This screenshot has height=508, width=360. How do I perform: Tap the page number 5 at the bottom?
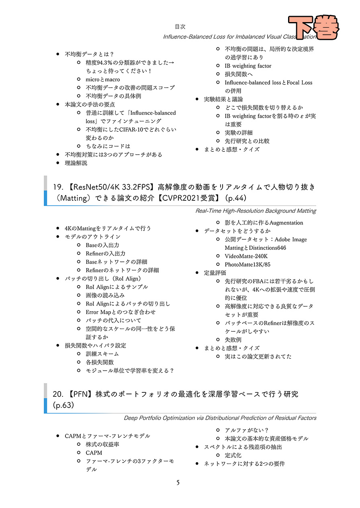[178, 482]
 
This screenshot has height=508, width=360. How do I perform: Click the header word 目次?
[180, 27]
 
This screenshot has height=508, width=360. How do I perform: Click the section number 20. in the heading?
[59, 394]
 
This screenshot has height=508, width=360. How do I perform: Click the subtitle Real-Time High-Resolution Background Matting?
[256, 211]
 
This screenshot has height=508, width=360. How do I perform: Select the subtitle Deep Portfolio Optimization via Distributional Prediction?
[220, 418]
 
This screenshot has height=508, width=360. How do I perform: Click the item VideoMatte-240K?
[246, 256]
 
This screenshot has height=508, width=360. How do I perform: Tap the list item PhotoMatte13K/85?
[247, 265]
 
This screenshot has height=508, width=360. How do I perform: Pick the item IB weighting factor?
[248, 66]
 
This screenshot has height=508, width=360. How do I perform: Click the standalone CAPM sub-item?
[94, 453]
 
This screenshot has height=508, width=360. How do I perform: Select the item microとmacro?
[102, 80]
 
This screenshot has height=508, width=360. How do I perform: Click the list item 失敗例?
[233, 340]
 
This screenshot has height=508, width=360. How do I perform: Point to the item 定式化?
[233, 455]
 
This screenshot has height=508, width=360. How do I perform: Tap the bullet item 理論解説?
[76, 163]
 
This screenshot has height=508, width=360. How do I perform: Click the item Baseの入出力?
[102, 245]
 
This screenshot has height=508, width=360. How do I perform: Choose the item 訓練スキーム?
[102, 354]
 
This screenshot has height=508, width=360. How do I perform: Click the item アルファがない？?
[247, 430]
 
